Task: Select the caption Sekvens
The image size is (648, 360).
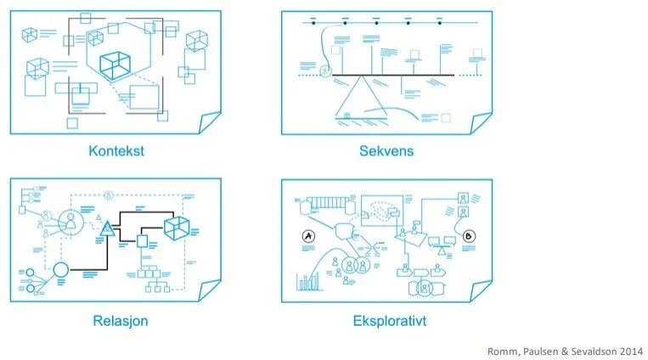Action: click(386, 152)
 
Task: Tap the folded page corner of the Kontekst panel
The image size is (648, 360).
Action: click(209, 124)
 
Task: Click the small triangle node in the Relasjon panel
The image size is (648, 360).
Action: click(107, 228)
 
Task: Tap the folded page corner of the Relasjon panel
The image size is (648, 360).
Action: click(209, 293)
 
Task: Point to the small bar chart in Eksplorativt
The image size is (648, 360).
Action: click(305, 282)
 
